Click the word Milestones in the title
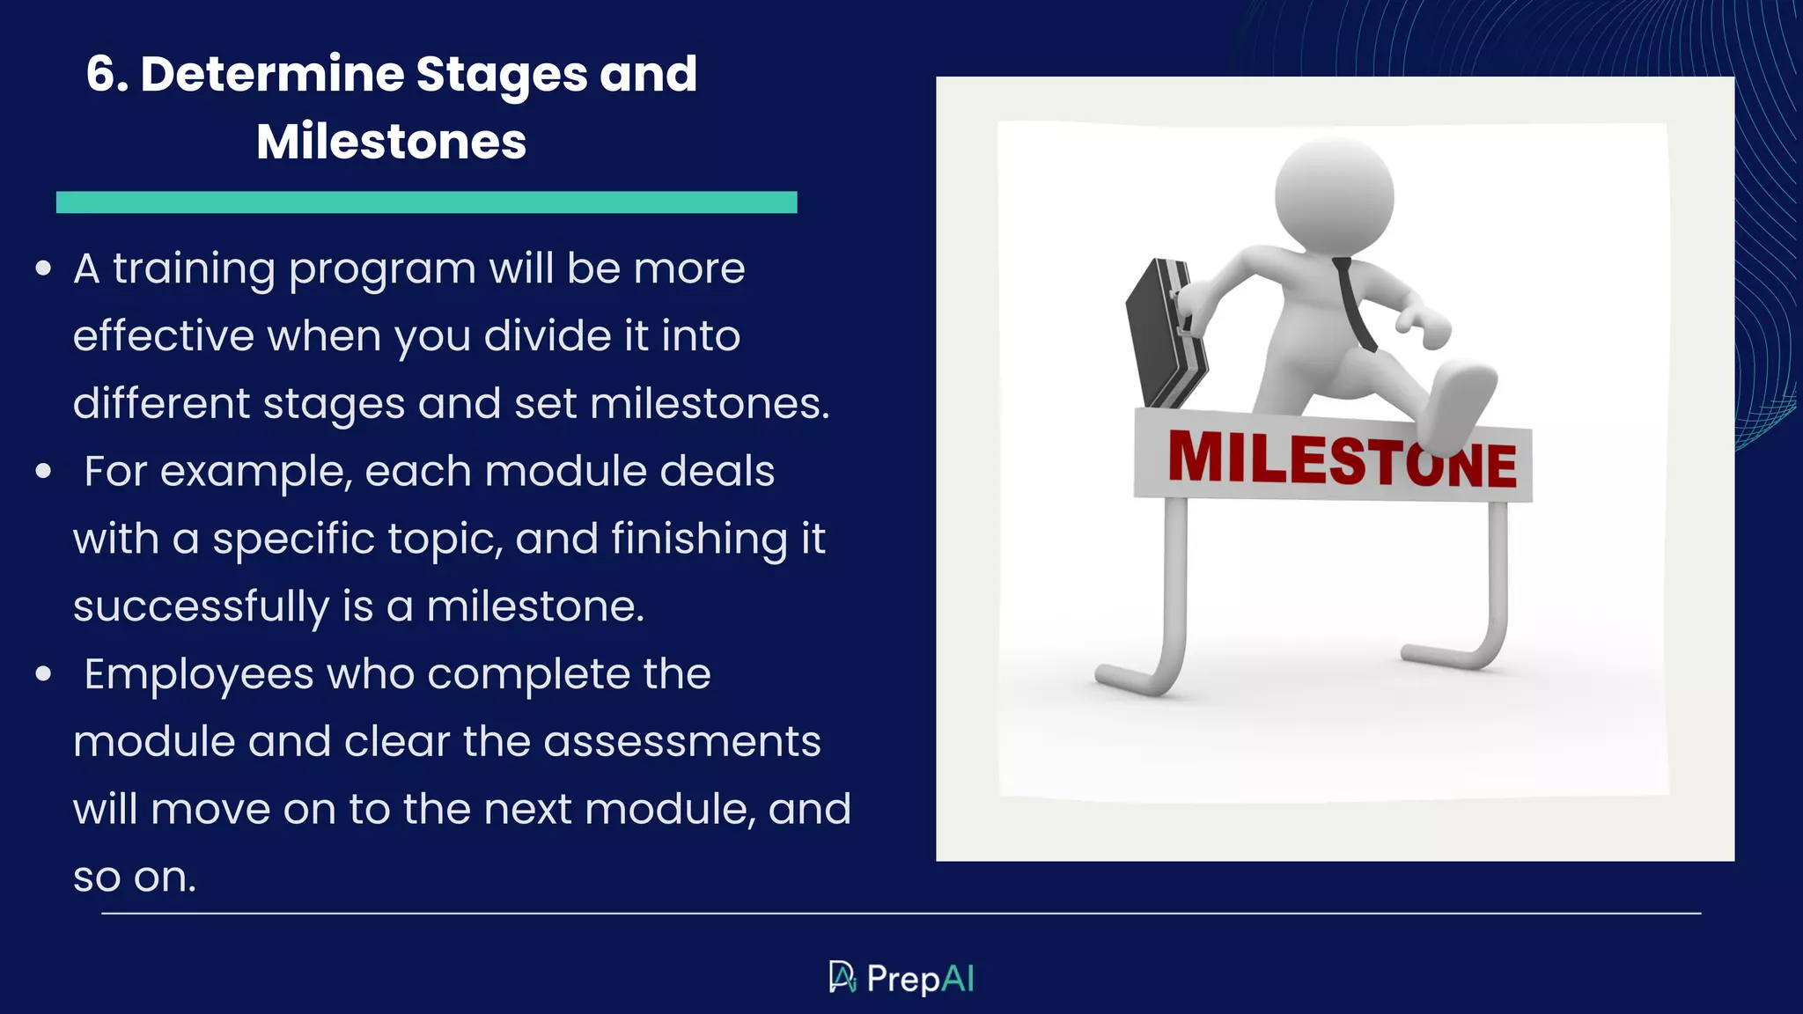click(x=391, y=142)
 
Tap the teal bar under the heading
click(x=426, y=202)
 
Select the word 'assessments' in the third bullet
click(x=681, y=742)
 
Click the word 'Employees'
click(x=198, y=675)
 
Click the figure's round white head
click(x=1333, y=196)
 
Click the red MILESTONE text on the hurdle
click(x=1338, y=459)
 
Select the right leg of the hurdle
click(x=1498, y=581)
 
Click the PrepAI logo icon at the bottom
click(x=842, y=977)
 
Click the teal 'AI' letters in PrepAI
click(x=958, y=979)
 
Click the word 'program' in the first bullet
click(x=382, y=270)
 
